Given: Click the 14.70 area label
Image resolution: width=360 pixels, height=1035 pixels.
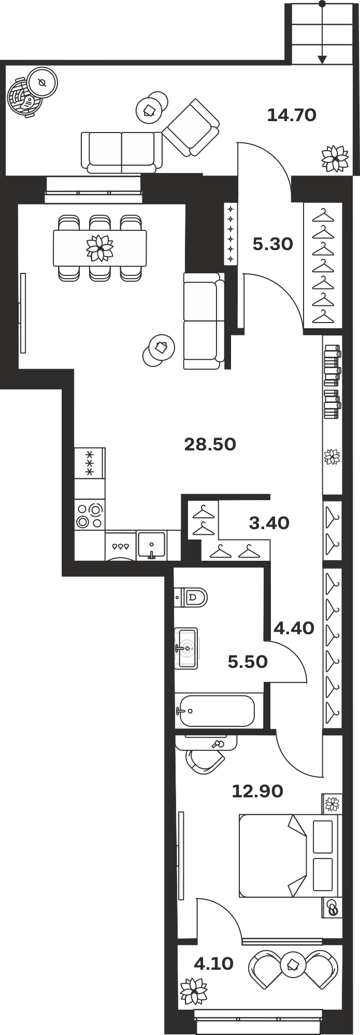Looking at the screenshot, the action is [292, 115].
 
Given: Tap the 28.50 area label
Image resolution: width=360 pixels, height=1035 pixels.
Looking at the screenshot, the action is [210, 444].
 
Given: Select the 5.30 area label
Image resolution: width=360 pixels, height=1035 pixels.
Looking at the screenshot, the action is [273, 244].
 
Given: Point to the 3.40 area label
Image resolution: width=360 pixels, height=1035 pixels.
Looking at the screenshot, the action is [269, 523].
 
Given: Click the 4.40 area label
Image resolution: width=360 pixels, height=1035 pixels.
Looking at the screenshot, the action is [294, 628].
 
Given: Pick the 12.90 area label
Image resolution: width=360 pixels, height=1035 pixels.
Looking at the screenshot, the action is [257, 791].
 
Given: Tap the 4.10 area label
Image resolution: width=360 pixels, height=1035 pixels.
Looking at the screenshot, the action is [213, 964].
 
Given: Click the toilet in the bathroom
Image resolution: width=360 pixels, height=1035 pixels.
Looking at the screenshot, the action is [191, 597].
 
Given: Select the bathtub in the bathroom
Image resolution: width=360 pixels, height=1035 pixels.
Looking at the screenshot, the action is [215, 711].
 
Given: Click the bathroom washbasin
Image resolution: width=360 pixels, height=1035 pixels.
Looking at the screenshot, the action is [186, 648].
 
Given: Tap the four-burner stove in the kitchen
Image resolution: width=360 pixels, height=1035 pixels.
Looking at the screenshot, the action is [90, 515].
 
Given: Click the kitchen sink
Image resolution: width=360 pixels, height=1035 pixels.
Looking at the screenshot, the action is [151, 545].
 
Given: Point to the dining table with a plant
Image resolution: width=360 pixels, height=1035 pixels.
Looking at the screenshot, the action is [100, 247].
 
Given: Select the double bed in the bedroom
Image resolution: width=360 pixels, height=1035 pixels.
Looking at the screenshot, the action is [289, 856].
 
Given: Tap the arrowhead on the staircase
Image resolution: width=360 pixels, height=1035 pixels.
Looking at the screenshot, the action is [322, 60].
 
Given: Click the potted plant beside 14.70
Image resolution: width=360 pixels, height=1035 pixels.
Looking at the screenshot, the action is [335, 158].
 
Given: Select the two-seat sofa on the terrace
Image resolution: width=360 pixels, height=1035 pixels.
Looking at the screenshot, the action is [122, 152].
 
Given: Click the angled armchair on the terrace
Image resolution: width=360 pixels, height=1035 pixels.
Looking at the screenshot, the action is [191, 128].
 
